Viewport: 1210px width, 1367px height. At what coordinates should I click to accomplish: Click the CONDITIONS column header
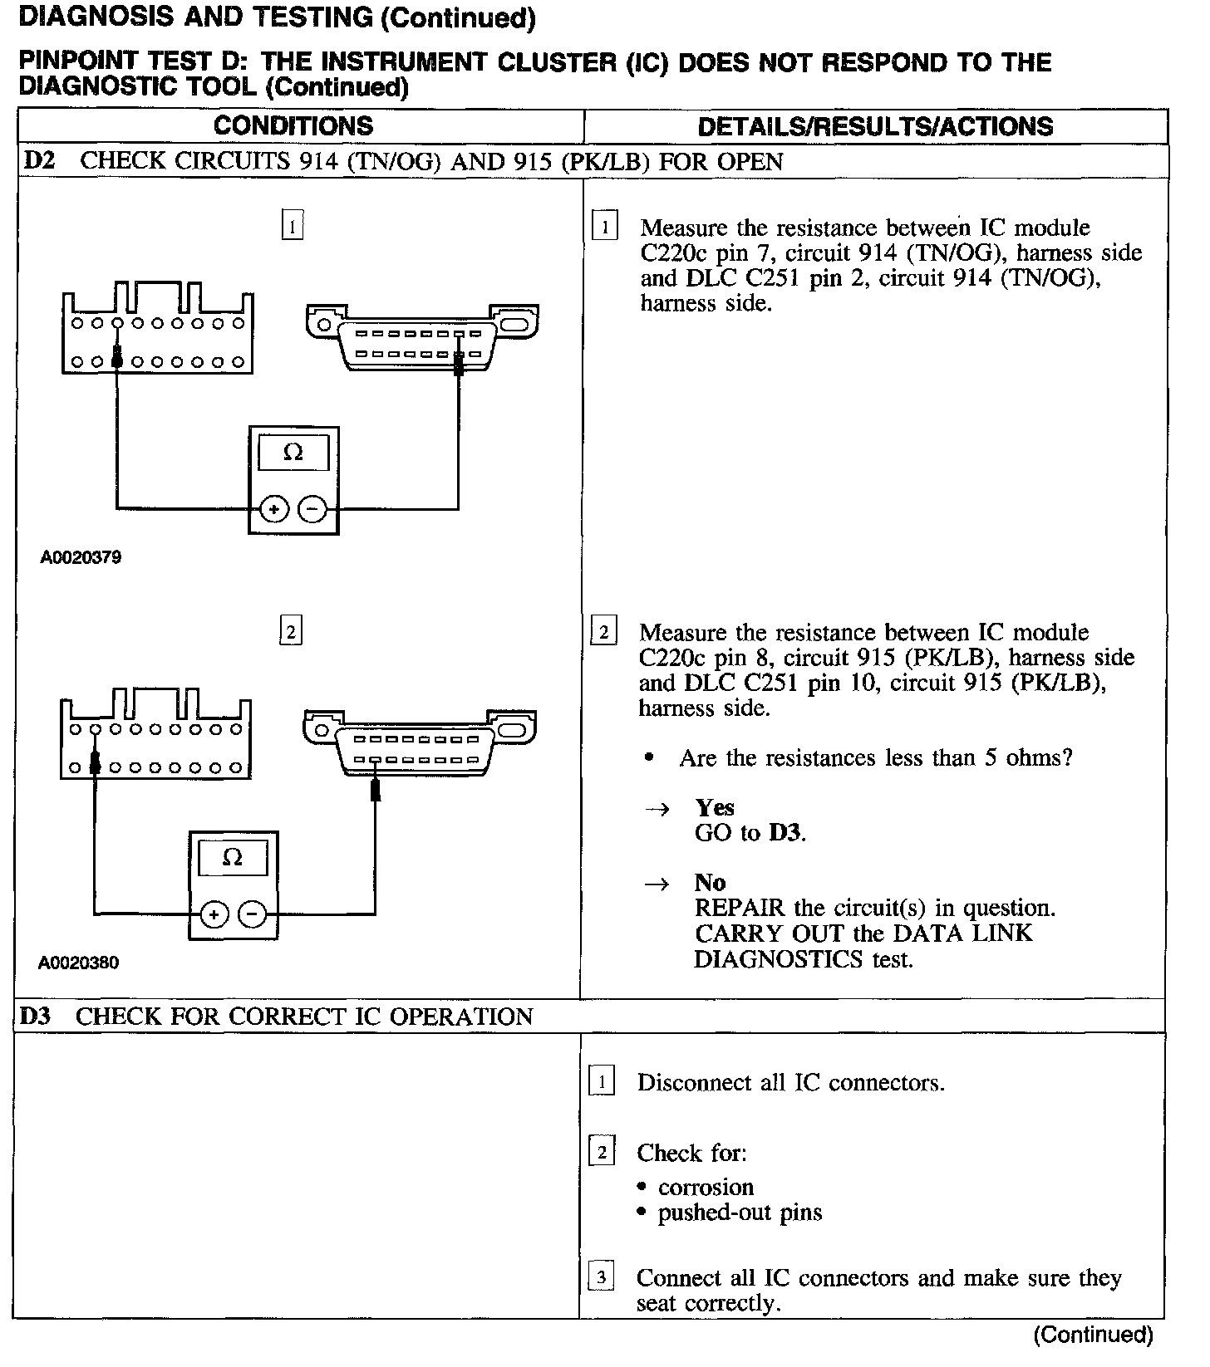(x=293, y=126)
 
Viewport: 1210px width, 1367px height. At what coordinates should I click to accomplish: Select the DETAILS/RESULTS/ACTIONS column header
(x=875, y=126)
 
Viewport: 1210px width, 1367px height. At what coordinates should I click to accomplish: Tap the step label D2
(x=38, y=161)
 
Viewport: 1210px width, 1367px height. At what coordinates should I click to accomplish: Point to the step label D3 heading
(x=37, y=1017)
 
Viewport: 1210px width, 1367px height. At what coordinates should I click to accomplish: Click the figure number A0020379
(x=81, y=557)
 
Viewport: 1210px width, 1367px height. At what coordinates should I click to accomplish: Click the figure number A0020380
(x=78, y=963)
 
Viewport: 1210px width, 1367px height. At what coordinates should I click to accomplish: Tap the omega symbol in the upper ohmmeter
(x=293, y=453)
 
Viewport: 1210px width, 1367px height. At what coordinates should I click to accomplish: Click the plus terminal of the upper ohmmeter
(x=274, y=509)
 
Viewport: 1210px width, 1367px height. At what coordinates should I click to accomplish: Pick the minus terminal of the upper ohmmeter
(x=312, y=509)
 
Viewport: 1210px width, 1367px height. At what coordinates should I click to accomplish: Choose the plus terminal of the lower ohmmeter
(x=214, y=914)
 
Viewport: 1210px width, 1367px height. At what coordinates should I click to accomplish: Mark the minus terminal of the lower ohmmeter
(x=253, y=914)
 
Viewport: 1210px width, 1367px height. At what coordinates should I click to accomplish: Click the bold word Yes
(x=715, y=807)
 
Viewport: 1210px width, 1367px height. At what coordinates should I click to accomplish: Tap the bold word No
(x=710, y=882)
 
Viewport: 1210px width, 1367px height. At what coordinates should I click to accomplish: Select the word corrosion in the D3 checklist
(x=706, y=1187)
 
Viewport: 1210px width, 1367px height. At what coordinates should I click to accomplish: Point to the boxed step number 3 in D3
(x=601, y=1276)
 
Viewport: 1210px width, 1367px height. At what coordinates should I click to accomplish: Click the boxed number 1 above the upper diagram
(x=293, y=226)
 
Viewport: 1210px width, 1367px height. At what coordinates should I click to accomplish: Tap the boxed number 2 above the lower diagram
(x=290, y=631)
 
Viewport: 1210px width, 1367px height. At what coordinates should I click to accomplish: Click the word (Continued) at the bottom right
(x=1093, y=1335)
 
